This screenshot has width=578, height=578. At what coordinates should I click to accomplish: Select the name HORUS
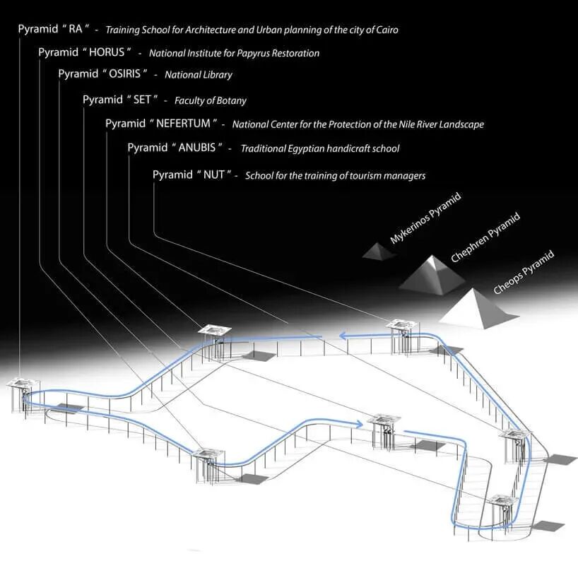[108, 52]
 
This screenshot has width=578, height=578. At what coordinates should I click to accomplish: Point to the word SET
[143, 100]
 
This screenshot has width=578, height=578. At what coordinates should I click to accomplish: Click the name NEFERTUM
[183, 124]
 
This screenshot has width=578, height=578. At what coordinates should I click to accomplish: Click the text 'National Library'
[199, 75]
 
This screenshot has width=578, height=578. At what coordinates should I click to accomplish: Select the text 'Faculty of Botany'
[211, 100]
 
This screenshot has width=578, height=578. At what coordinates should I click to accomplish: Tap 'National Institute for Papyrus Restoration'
[234, 53]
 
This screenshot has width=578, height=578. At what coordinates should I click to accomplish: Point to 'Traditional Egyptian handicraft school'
[319, 149]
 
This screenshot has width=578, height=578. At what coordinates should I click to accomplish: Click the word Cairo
[385, 30]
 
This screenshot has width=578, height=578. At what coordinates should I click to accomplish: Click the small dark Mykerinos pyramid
[379, 250]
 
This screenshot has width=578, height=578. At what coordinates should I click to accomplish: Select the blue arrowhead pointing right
[359, 423]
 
